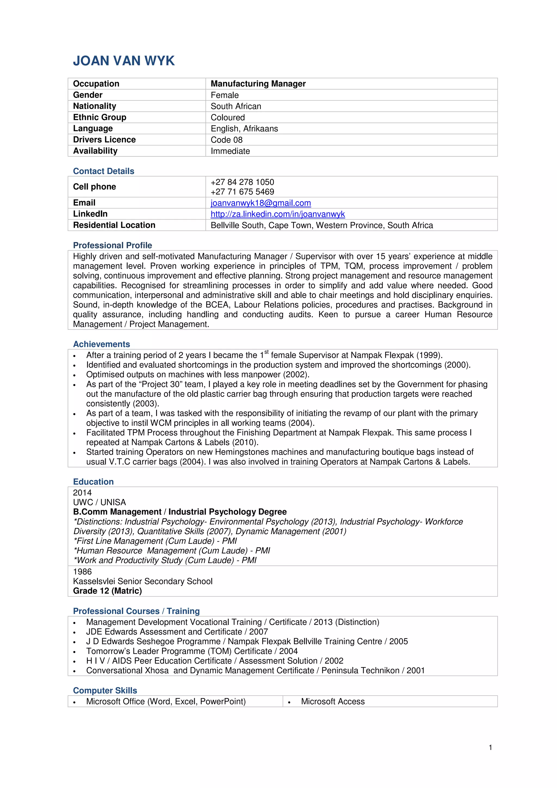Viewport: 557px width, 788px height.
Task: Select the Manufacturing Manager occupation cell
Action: (x=258, y=84)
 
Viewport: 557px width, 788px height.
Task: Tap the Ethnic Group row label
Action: (x=100, y=117)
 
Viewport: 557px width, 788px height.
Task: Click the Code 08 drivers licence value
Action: (x=227, y=140)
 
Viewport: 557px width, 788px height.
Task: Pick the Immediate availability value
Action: (x=230, y=151)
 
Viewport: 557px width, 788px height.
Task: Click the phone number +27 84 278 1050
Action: (x=242, y=182)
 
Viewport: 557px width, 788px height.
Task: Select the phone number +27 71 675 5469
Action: (x=242, y=192)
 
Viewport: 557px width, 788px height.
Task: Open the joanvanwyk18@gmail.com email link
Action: (x=261, y=203)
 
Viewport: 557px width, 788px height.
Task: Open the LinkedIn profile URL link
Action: (x=277, y=214)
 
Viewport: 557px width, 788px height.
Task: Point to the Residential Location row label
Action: (x=114, y=225)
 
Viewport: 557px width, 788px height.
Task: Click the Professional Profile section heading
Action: (x=112, y=245)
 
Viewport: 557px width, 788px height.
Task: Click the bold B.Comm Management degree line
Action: (x=180, y=512)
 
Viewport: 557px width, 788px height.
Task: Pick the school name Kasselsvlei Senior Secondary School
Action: (x=143, y=581)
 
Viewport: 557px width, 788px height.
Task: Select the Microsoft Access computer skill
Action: (x=333, y=702)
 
